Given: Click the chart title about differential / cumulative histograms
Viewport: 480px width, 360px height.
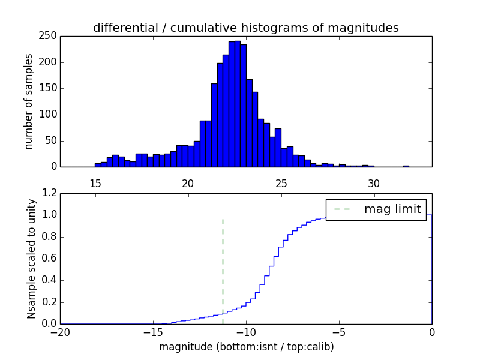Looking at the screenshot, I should click(245, 28).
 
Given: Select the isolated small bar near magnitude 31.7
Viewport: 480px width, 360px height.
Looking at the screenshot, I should click(406, 166).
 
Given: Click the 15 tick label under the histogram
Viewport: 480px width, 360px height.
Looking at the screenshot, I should click(95, 183).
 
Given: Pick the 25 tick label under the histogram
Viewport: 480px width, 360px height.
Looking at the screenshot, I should click(281, 183).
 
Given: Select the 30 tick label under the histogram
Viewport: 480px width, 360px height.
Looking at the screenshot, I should click(374, 183).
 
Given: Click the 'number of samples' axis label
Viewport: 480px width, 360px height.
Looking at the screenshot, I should click(29, 101).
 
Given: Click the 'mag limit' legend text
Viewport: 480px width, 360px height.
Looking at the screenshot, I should click(392, 209).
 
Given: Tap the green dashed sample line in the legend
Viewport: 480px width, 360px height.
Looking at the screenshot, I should click(342, 209).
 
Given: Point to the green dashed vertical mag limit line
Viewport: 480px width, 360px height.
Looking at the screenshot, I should click(223, 264).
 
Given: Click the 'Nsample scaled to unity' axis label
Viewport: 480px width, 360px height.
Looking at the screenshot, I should click(31, 259).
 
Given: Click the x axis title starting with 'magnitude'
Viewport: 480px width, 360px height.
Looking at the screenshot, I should click(246, 347).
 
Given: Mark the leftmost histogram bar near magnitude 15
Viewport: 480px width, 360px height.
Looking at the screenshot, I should click(98, 164).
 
